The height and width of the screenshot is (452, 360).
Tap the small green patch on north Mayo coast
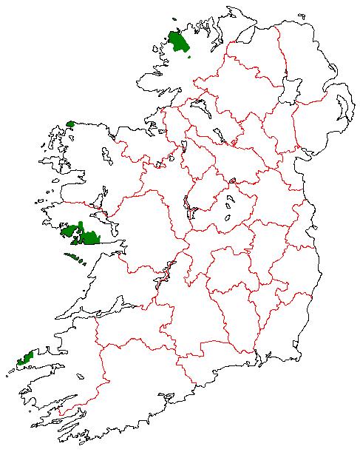click(71, 124)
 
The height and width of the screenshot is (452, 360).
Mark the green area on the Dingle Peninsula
click(26, 359)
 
